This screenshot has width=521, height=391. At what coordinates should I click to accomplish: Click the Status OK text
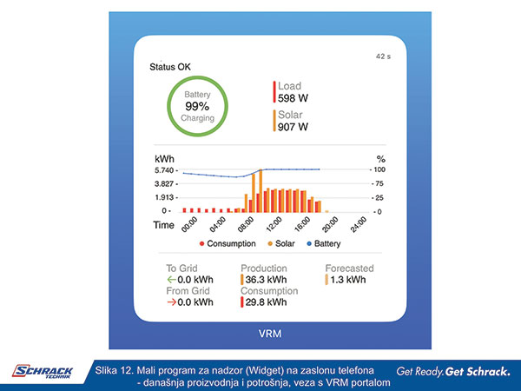(171, 67)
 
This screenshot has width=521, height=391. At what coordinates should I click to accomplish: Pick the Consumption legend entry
(228, 244)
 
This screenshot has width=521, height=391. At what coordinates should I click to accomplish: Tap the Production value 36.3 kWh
(266, 280)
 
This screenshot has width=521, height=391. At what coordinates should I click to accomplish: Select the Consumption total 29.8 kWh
(266, 302)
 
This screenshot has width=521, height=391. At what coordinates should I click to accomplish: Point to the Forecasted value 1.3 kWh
(349, 280)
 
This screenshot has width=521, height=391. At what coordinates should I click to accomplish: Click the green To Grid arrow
(170, 280)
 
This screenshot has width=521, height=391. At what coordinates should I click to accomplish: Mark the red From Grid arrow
(170, 302)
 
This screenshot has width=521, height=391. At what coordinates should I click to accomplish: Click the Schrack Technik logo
(43, 372)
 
